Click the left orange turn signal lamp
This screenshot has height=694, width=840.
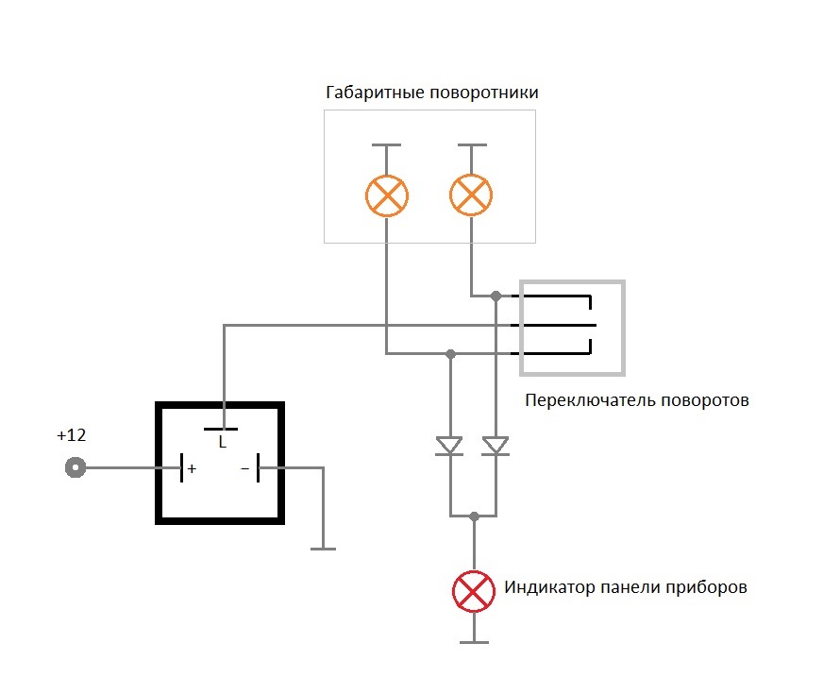387,195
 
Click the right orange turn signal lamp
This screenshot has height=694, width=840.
471,195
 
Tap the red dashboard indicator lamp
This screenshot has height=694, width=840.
474,591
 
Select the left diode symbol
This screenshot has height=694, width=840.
449,446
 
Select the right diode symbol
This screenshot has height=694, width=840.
496,446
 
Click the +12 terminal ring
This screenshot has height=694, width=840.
76,467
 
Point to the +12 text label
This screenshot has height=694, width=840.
71,435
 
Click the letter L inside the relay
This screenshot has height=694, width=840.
223,442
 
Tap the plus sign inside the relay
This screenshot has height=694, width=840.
192,468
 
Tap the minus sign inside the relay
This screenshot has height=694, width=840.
245,468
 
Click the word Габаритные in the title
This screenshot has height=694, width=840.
376,93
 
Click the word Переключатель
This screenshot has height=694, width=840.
590,400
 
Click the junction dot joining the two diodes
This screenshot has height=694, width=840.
474,516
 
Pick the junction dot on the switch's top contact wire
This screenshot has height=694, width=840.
496,296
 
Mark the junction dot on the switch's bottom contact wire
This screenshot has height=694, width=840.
450,354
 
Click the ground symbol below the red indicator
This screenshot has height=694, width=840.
474,641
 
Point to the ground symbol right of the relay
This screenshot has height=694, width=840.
323,549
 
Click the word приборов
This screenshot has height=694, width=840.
706,588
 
